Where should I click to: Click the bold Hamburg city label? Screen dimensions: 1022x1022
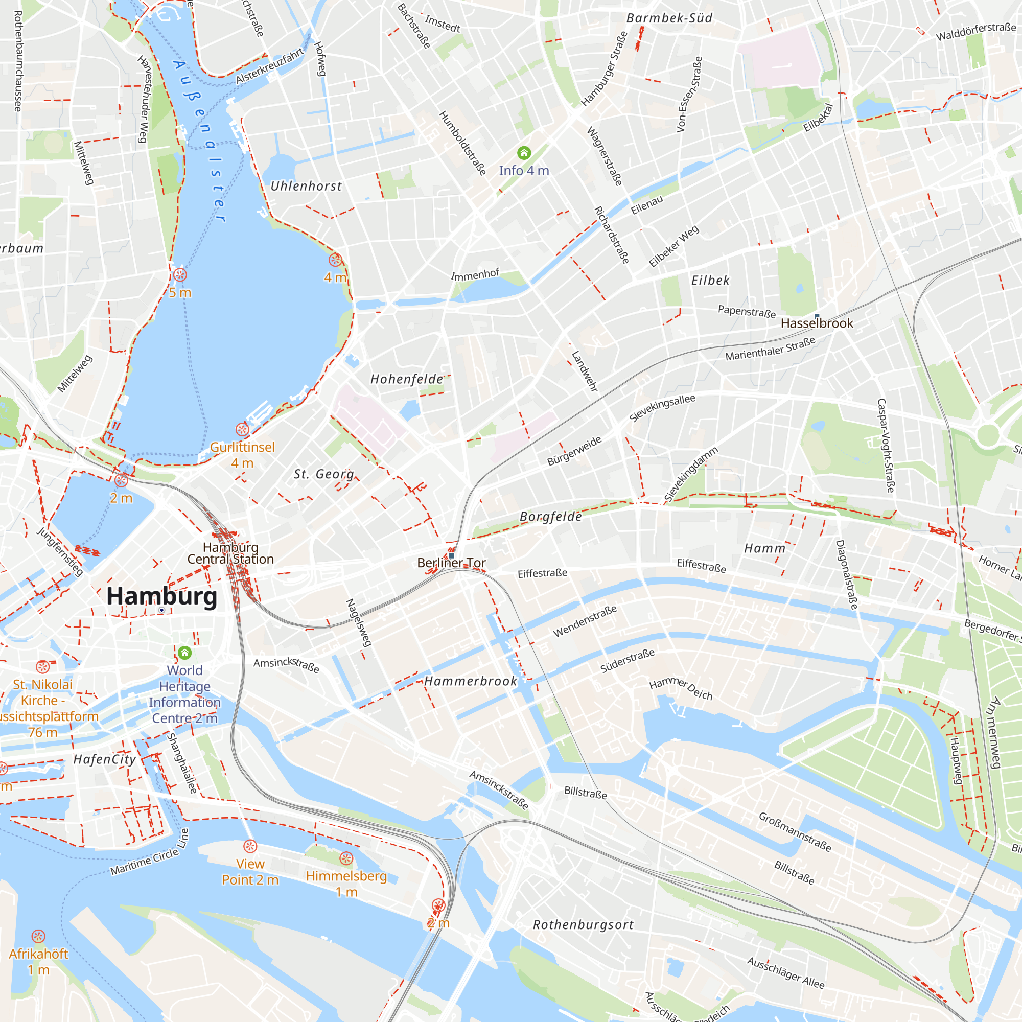pyautogui.click(x=162, y=596)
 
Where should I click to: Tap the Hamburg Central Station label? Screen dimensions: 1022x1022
pyautogui.click(x=230, y=553)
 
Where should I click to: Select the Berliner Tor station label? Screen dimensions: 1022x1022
pyautogui.click(x=451, y=563)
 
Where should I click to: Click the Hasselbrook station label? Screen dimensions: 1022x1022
pyautogui.click(x=817, y=323)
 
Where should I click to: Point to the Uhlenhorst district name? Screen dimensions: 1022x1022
pyautogui.click(x=306, y=186)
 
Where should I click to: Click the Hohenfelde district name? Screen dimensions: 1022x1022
pyautogui.click(x=406, y=379)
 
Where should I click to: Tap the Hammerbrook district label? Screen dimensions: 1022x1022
pyautogui.click(x=470, y=681)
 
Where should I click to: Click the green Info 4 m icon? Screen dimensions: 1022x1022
pyautogui.click(x=524, y=153)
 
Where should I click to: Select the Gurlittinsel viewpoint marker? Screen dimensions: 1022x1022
pyautogui.click(x=242, y=429)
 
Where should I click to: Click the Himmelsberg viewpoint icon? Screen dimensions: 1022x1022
pyautogui.click(x=346, y=858)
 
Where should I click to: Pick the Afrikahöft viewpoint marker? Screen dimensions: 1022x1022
pyautogui.click(x=38, y=937)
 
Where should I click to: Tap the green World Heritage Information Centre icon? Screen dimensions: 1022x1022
pyautogui.click(x=184, y=653)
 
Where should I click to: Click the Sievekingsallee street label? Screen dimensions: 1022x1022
pyautogui.click(x=662, y=408)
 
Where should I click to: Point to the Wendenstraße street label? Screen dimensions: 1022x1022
pyautogui.click(x=585, y=621)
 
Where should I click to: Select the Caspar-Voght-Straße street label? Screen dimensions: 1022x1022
pyautogui.click(x=886, y=446)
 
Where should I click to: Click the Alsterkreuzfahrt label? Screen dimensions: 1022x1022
pyautogui.click(x=270, y=65)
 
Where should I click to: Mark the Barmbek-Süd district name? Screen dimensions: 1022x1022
pyautogui.click(x=669, y=18)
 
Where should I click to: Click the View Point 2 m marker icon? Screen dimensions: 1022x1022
pyautogui.click(x=250, y=846)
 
